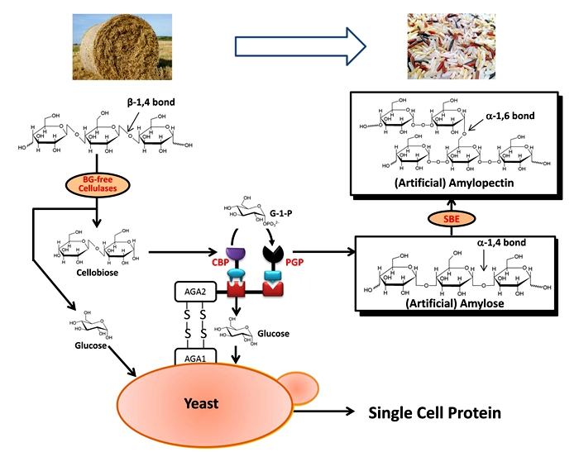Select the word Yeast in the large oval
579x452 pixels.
tap(201, 402)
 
